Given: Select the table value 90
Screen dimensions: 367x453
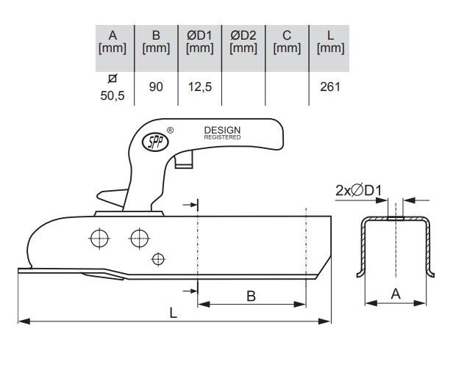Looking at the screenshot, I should (156, 87).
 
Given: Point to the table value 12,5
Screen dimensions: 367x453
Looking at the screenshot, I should (199, 87).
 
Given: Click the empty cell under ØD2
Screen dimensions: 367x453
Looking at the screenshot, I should (242, 87).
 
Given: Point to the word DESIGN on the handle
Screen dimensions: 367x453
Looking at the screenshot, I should (222, 130).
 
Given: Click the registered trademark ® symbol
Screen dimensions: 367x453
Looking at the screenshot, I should (171, 129).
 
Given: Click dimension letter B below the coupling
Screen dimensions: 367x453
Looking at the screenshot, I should (250, 297).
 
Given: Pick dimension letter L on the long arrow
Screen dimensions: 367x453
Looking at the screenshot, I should (173, 313).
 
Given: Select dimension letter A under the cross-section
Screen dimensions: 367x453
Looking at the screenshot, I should (396, 294).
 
